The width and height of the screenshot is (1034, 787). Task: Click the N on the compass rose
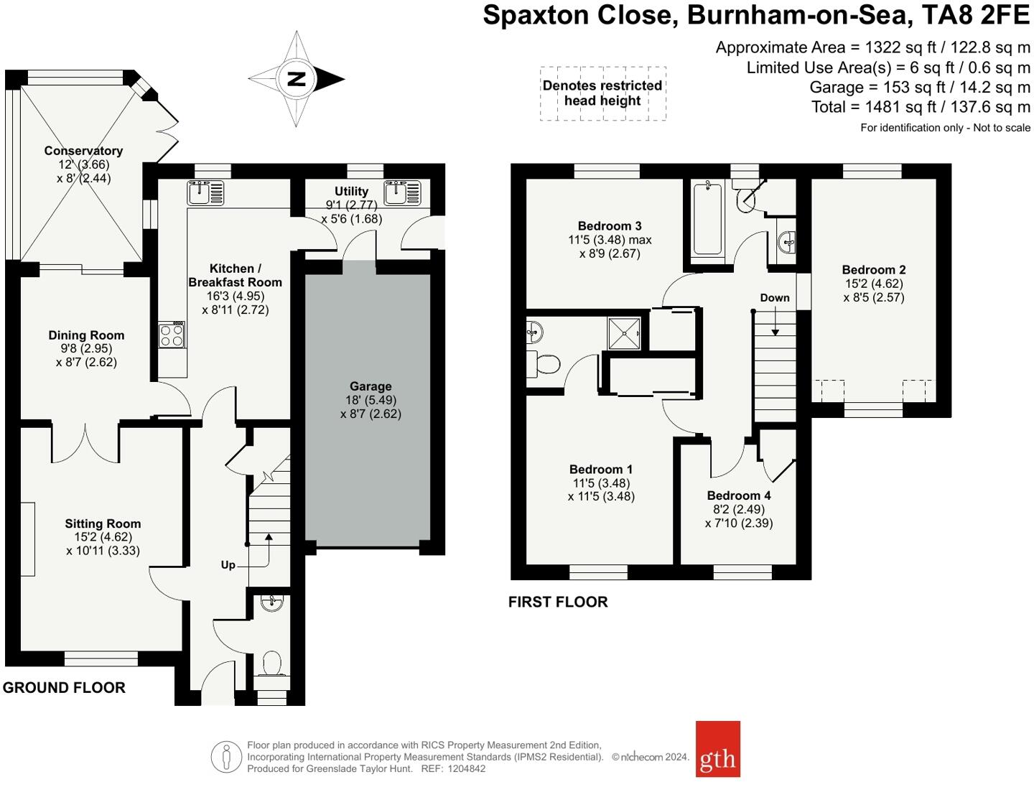point(297,79)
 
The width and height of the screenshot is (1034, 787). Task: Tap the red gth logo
point(717,749)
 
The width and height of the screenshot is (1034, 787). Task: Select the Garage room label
point(371,386)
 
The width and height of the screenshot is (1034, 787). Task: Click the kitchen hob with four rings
point(172,335)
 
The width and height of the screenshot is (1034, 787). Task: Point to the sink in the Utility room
point(402,192)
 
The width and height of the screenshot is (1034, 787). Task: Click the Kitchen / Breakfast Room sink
point(205,192)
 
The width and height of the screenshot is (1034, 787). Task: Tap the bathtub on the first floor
point(707,220)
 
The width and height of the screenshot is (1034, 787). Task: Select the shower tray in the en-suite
point(625,333)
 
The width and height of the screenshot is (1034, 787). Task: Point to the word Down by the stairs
point(775,298)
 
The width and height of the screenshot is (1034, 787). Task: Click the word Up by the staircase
point(228,565)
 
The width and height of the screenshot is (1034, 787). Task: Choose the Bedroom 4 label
point(739,495)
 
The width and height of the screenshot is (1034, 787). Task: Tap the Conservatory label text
point(83,151)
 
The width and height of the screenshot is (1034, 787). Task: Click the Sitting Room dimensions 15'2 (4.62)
point(103,537)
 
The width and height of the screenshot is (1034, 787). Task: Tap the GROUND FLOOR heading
point(64,688)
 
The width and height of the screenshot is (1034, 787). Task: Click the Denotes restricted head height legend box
point(603,93)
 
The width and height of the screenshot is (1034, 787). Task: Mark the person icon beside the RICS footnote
point(227,757)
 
